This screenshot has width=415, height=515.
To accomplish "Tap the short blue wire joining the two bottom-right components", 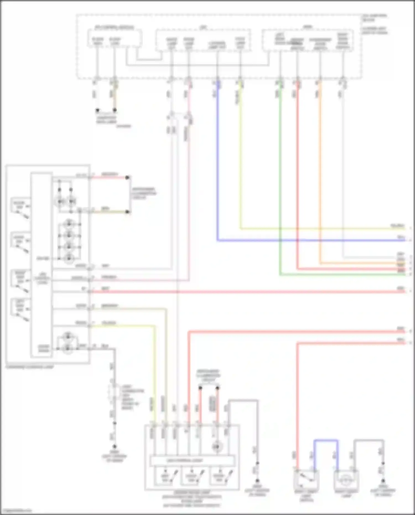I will point(326,440).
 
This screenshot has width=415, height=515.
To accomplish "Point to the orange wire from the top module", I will point(320,166).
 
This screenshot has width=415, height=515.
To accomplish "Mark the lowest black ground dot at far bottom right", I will point(383,481).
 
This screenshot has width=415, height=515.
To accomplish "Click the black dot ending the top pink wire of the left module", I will point(127,177).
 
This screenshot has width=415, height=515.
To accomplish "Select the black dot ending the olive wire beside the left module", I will point(127,212).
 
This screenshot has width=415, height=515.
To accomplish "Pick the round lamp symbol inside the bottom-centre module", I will point(217,446).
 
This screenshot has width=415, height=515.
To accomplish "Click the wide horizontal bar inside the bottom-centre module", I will point(192,461).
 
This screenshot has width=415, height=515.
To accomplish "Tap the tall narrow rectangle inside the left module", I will point(41,264).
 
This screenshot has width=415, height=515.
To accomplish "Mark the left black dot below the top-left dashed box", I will point(97,110).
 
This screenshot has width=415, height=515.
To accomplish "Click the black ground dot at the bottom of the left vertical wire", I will point(114,447).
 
